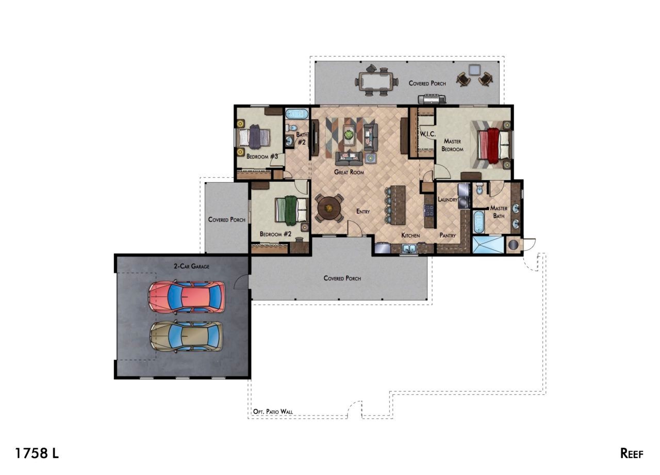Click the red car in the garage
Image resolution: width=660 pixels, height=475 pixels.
187,297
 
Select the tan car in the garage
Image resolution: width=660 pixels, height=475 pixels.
186,337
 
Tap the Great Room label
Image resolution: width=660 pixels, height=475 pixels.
349,172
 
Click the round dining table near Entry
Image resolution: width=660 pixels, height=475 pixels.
329,208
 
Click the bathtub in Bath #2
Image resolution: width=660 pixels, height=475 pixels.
296,114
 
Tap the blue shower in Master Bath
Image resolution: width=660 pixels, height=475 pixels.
488,245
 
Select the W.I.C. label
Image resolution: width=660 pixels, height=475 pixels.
427,134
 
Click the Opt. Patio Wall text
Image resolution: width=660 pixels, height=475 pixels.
273,411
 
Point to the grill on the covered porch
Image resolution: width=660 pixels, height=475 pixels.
432,100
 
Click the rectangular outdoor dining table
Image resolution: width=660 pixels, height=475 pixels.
376,81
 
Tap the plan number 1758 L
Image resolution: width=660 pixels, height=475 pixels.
37,453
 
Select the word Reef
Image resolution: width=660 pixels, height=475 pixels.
632,453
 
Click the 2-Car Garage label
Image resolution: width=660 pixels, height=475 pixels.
191,266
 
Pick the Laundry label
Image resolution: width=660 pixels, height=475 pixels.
447,199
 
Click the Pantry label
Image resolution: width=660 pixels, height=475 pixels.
448,235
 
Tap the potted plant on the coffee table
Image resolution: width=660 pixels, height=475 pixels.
349,135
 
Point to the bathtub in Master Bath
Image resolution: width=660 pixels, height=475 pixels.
479,221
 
